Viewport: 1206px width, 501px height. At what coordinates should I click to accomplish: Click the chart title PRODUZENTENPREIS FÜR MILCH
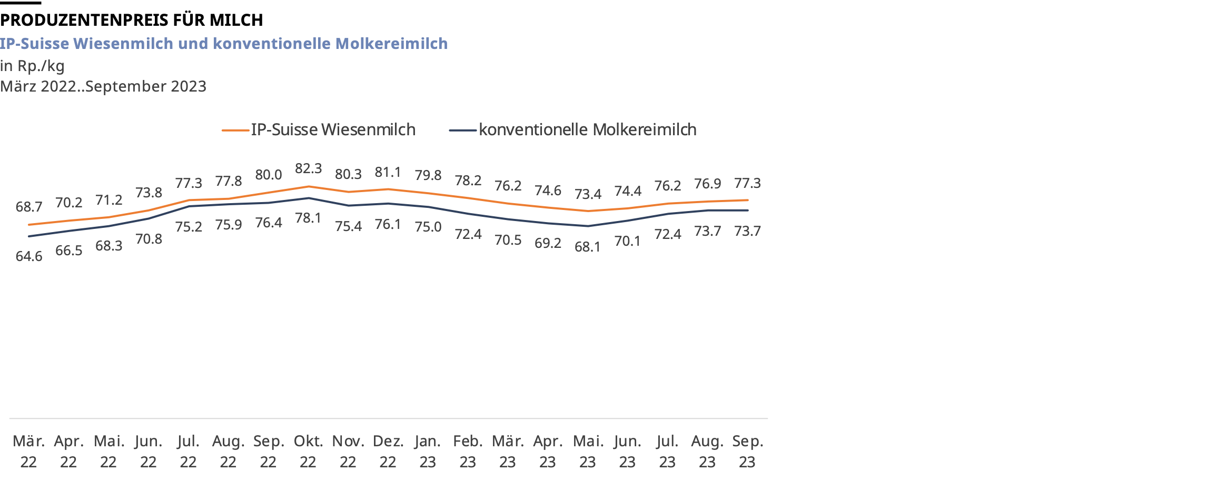click(131, 20)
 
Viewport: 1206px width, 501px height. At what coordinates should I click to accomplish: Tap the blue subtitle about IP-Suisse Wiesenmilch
click(224, 44)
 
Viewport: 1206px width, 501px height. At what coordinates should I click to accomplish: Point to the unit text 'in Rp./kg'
click(32, 66)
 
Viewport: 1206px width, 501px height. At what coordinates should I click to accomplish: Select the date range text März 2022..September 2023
click(103, 86)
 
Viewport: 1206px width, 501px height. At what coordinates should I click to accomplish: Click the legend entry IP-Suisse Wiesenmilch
click(332, 130)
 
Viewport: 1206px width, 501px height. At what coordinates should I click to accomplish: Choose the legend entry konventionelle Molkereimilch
click(587, 130)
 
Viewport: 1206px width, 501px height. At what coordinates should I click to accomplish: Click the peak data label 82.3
click(308, 168)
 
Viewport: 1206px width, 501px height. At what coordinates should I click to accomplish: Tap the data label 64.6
click(29, 256)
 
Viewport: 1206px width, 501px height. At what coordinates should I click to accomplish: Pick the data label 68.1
click(588, 247)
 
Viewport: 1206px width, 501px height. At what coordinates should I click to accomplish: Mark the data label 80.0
click(269, 175)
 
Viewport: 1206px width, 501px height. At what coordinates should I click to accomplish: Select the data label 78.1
click(308, 218)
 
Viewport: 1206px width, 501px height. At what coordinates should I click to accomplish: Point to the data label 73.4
click(588, 194)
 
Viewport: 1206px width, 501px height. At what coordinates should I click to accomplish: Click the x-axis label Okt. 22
click(308, 452)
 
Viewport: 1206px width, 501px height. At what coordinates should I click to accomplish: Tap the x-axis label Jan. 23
click(428, 452)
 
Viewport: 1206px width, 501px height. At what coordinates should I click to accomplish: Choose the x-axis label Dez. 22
click(388, 452)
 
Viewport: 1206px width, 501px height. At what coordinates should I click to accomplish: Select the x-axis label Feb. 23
click(468, 452)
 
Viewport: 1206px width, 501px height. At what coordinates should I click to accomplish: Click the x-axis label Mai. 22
click(109, 452)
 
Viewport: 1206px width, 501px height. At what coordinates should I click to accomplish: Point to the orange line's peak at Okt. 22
click(309, 186)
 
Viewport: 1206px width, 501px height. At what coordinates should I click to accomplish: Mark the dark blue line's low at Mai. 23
click(588, 226)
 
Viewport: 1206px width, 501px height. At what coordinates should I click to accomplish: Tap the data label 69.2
click(548, 243)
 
